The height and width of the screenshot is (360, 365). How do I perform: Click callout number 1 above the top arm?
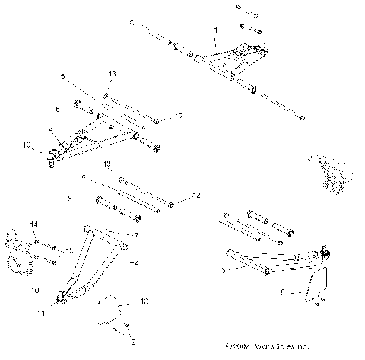tap(215, 30)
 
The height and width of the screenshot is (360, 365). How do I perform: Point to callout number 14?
tap(33, 224)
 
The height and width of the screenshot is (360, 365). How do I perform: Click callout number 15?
tap(69, 250)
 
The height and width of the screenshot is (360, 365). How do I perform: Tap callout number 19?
tap(107, 164)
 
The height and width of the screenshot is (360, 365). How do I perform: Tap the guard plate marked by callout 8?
tap(316, 285)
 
